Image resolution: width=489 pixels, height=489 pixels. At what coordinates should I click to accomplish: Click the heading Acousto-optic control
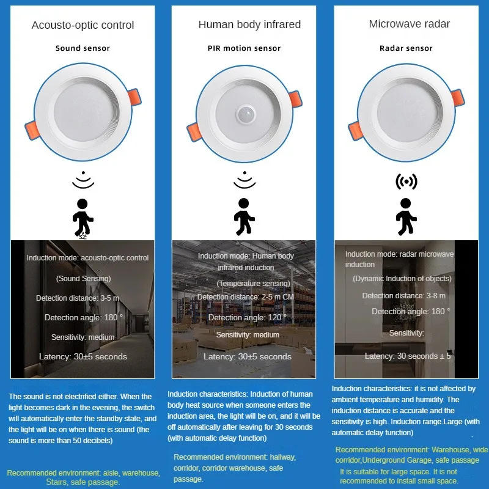pyautogui.click(x=83, y=26)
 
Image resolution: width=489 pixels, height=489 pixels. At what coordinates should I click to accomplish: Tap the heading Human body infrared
pyautogui.click(x=249, y=24)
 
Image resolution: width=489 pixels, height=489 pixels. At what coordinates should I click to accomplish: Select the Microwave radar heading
pyautogui.click(x=409, y=24)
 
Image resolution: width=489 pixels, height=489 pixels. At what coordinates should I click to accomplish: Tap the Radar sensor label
pyautogui.click(x=406, y=48)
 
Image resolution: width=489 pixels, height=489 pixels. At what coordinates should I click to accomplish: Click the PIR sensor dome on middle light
pyautogui.click(x=246, y=114)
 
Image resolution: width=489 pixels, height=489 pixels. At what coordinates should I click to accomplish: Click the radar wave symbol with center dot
pyautogui.click(x=406, y=182)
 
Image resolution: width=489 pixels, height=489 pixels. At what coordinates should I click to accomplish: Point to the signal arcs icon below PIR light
pyautogui.click(x=244, y=180)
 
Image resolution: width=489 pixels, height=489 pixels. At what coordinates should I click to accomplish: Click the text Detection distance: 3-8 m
pyautogui.click(x=403, y=296)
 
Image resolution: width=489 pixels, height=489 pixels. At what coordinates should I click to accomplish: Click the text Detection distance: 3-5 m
pyautogui.click(x=78, y=298)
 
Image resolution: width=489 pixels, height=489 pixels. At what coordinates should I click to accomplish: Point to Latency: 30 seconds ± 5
pyautogui.click(x=408, y=356)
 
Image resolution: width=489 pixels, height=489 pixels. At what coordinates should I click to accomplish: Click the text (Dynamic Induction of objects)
pyautogui.click(x=402, y=279)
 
